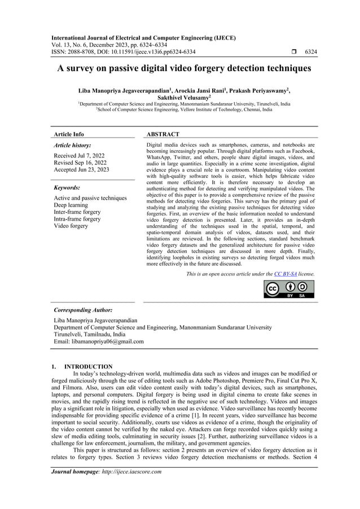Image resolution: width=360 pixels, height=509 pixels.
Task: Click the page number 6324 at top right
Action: click(311, 52)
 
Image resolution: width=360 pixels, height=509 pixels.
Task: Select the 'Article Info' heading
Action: click(69, 134)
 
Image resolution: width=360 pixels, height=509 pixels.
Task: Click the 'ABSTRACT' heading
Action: click(163, 134)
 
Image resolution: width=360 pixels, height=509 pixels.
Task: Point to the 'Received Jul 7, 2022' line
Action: click(78, 155)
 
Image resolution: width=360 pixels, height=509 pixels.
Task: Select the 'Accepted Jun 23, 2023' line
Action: click(81, 169)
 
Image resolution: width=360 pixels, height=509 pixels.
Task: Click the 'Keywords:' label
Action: click(67, 187)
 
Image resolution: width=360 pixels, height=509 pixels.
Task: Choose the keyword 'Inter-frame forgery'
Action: click(77, 212)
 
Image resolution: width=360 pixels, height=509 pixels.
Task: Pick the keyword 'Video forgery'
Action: click(71, 226)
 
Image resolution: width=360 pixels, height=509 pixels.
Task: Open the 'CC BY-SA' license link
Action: click(286, 274)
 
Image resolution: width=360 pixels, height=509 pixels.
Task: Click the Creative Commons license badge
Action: click(289, 288)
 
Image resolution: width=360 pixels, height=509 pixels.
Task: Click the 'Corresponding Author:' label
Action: click(82, 310)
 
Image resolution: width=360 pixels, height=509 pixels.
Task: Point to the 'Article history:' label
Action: click(72, 145)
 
